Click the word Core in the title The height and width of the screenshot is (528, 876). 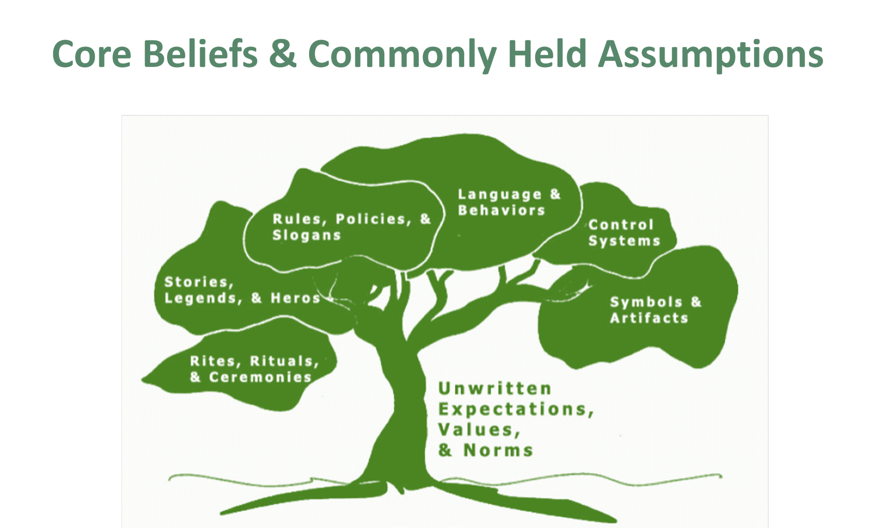pos(92,54)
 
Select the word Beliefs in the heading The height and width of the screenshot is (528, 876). pos(200,54)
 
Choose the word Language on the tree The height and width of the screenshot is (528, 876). pos(500,194)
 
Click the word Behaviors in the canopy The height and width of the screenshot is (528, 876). pos(502,210)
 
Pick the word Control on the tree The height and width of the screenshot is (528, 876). pos(621,225)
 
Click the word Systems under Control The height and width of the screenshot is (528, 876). pos(625,241)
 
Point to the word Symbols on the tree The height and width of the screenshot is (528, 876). pos(646,302)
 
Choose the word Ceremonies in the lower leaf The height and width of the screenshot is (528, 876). pos(261,377)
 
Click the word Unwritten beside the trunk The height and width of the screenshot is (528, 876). pos(495,389)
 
